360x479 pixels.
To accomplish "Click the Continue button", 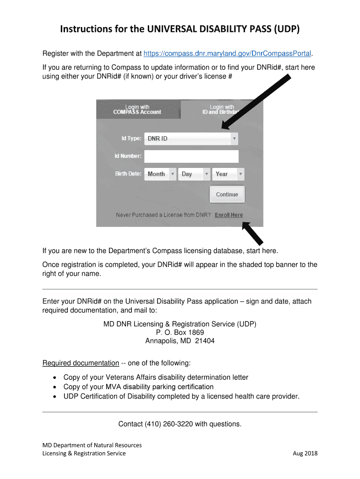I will [227, 194].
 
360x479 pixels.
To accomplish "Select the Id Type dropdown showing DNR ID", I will [191, 138].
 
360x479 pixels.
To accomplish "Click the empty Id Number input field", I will [191, 156].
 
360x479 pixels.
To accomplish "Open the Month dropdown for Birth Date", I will [160, 174].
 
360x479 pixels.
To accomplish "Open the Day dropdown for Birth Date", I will [194, 174].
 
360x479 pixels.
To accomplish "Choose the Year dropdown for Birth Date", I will [228, 174].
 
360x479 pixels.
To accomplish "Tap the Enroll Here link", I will [229, 215].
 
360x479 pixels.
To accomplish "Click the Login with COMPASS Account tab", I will [137, 109].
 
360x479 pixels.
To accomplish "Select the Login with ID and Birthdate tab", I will [222, 109].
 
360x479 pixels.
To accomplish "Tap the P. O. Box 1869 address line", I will [180, 333].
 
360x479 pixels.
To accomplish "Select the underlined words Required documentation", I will [80, 363].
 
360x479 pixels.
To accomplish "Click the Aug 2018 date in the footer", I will [305, 453].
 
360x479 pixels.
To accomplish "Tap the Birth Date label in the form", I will [128, 174].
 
